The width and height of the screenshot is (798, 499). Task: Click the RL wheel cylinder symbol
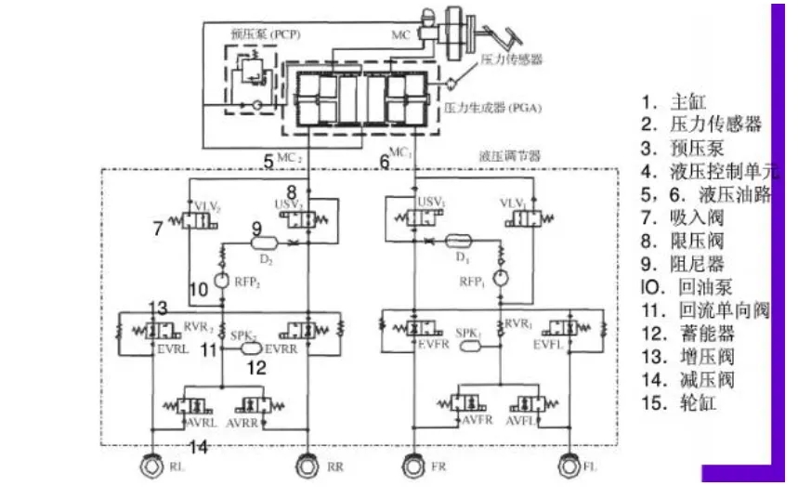coord(150,466)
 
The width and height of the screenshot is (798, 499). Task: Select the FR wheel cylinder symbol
coord(412,466)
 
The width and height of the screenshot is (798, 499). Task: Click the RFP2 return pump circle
coord(222,280)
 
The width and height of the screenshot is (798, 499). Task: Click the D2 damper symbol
coord(266,242)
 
